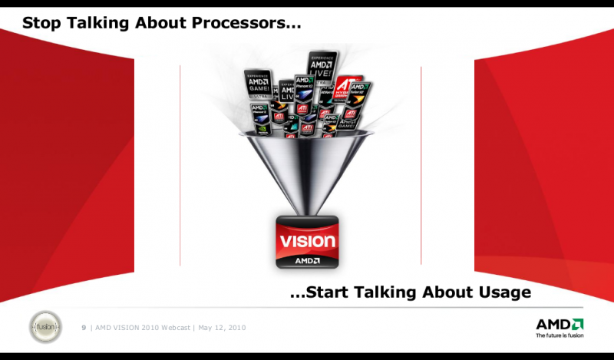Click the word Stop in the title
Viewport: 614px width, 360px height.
point(41,23)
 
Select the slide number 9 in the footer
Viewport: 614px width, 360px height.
point(84,328)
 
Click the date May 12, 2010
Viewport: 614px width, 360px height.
point(222,328)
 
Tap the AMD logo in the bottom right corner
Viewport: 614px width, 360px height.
point(559,323)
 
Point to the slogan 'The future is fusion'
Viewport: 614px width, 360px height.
point(559,335)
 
